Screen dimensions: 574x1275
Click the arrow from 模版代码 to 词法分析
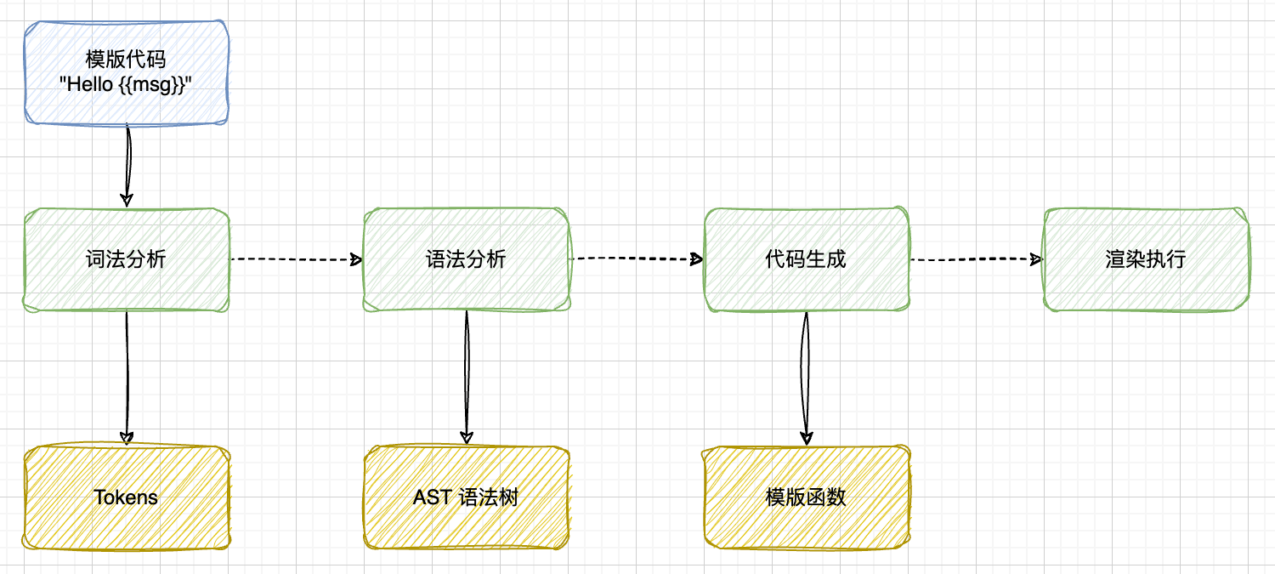tap(127, 166)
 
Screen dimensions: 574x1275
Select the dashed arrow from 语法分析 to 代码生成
tap(636, 259)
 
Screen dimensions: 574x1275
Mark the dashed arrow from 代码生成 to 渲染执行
tap(976, 259)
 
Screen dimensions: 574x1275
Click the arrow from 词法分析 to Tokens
tap(127, 378)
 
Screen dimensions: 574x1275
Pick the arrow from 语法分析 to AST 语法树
tap(466, 378)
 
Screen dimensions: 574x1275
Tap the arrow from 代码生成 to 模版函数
tap(806, 378)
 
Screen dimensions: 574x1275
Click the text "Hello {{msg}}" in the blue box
tap(127, 86)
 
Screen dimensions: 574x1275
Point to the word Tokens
tap(127, 497)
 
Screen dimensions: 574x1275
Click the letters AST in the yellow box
tap(432, 497)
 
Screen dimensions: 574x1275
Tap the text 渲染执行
tap(1146, 259)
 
